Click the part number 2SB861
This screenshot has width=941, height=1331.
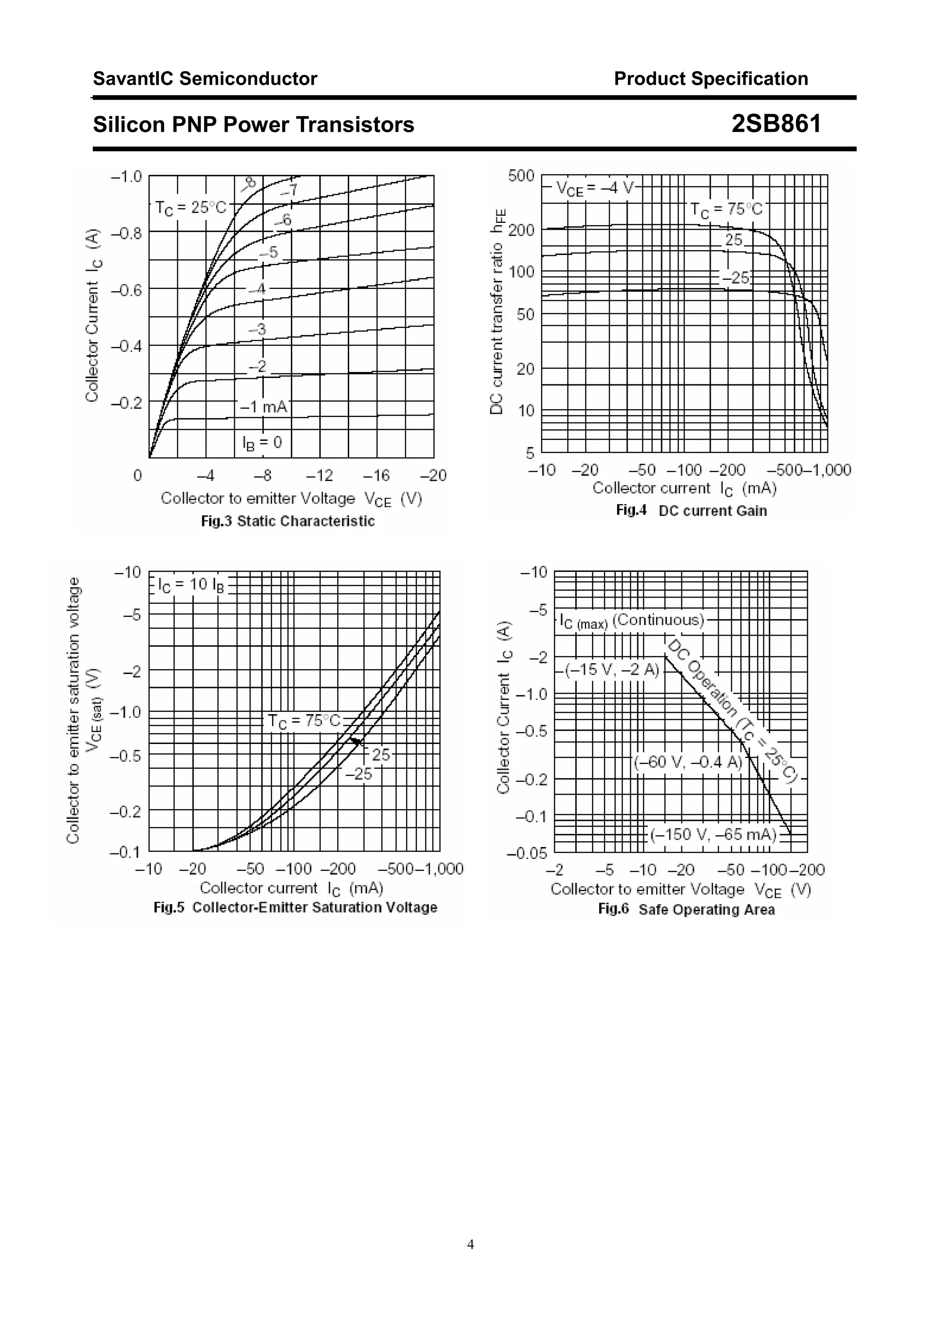(x=776, y=124)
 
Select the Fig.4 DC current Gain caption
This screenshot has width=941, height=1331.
(x=691, y=510)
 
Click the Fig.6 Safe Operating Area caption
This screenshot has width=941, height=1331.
(x=686, y=909)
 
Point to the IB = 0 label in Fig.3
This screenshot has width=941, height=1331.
(x=262, y=442)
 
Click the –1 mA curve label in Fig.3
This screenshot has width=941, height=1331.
(x=264, y=407)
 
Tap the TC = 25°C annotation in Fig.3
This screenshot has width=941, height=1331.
(x=191, y=208)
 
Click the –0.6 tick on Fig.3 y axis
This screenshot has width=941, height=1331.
(x=126, y=290)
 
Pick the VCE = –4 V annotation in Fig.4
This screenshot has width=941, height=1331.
(x=595, y=188)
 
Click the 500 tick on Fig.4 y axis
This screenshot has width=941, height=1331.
(x=521, y=175)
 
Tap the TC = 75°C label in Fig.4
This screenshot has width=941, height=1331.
(x=726, y=210)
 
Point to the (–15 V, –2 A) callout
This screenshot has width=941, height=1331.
(x=612, y=670)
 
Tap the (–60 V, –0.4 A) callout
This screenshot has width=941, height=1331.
(x=688, y=762)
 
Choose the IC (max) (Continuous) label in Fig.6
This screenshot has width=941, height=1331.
(x=631, y=621)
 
